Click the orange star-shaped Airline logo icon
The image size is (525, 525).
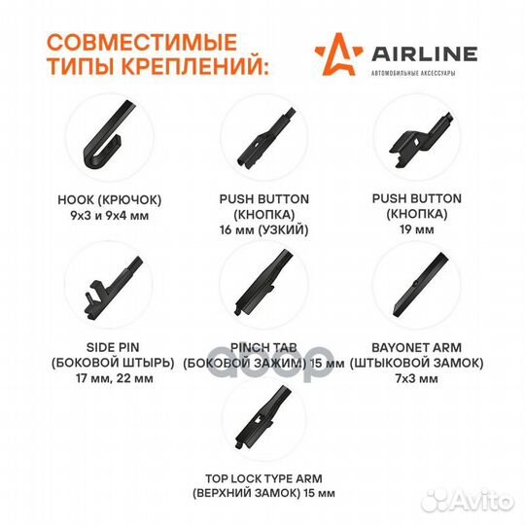[338, 53]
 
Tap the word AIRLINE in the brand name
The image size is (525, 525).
[424, 54]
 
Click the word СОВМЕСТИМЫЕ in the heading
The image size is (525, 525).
[142, 42]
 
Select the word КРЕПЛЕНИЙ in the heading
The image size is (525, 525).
[194, 65]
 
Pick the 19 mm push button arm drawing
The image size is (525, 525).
[421, 140]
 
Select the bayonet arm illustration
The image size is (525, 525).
[420, 284]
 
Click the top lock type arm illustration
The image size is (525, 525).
[262, 417]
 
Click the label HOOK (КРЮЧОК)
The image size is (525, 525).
[110, 200]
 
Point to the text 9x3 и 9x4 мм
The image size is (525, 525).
[110, 215]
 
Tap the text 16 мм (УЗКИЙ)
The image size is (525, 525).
[263, 230]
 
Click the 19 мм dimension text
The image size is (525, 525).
[417, 229]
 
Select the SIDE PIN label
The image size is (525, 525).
[113, 347]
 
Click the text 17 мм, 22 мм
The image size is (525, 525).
[115, 378]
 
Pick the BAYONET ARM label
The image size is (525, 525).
[416, 347]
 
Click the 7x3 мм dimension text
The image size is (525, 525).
[416, 378]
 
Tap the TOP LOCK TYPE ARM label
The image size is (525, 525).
[263, 478]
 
